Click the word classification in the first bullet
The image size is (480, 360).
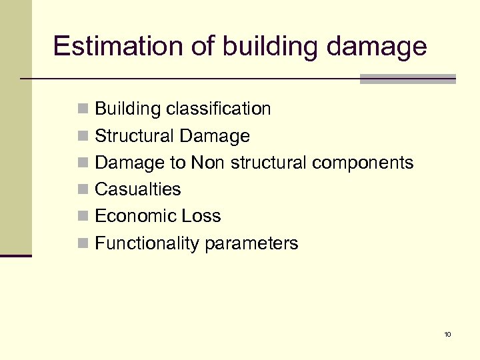tap(220, 109)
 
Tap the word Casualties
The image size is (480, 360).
tap(138, 189)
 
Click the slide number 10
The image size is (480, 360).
tap(447, 334)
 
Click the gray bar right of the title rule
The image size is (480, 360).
tap(407, 79)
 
